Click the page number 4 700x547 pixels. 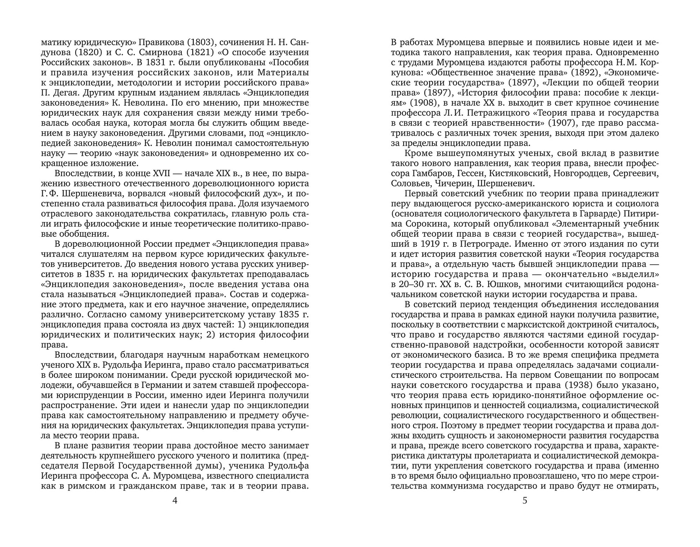pos(175,501)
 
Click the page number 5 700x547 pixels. pos(525,501)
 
